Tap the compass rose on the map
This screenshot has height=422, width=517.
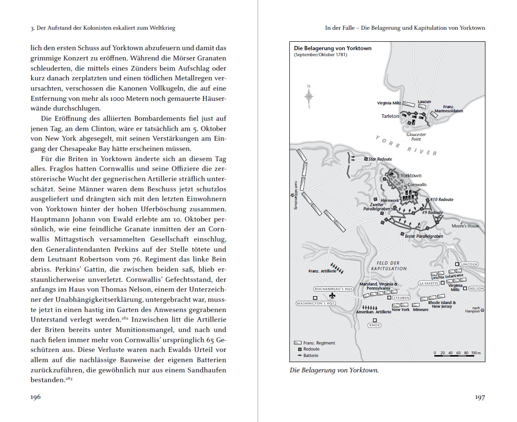pos(309,96)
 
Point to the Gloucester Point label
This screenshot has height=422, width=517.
pos(416,136)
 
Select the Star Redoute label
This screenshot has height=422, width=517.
pos(380,159)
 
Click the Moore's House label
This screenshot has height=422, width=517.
pos(465,226)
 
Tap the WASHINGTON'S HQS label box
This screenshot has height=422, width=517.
pos(315,304)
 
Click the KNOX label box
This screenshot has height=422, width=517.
pos(374,325)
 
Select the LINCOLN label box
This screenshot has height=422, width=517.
pos(469,264)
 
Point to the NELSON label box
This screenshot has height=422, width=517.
pos(476,288)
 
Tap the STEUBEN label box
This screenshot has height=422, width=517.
pos(400,298)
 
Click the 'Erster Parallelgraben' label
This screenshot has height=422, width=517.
pos(424,236)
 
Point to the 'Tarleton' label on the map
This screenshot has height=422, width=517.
pos(390,116)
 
